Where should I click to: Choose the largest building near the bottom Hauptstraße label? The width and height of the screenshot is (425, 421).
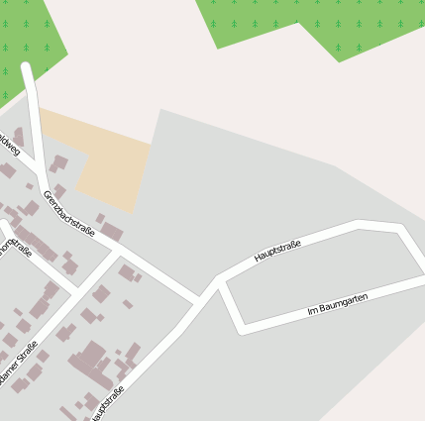pos(92,363)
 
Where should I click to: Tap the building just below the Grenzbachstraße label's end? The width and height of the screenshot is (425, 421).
pos(112,232)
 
